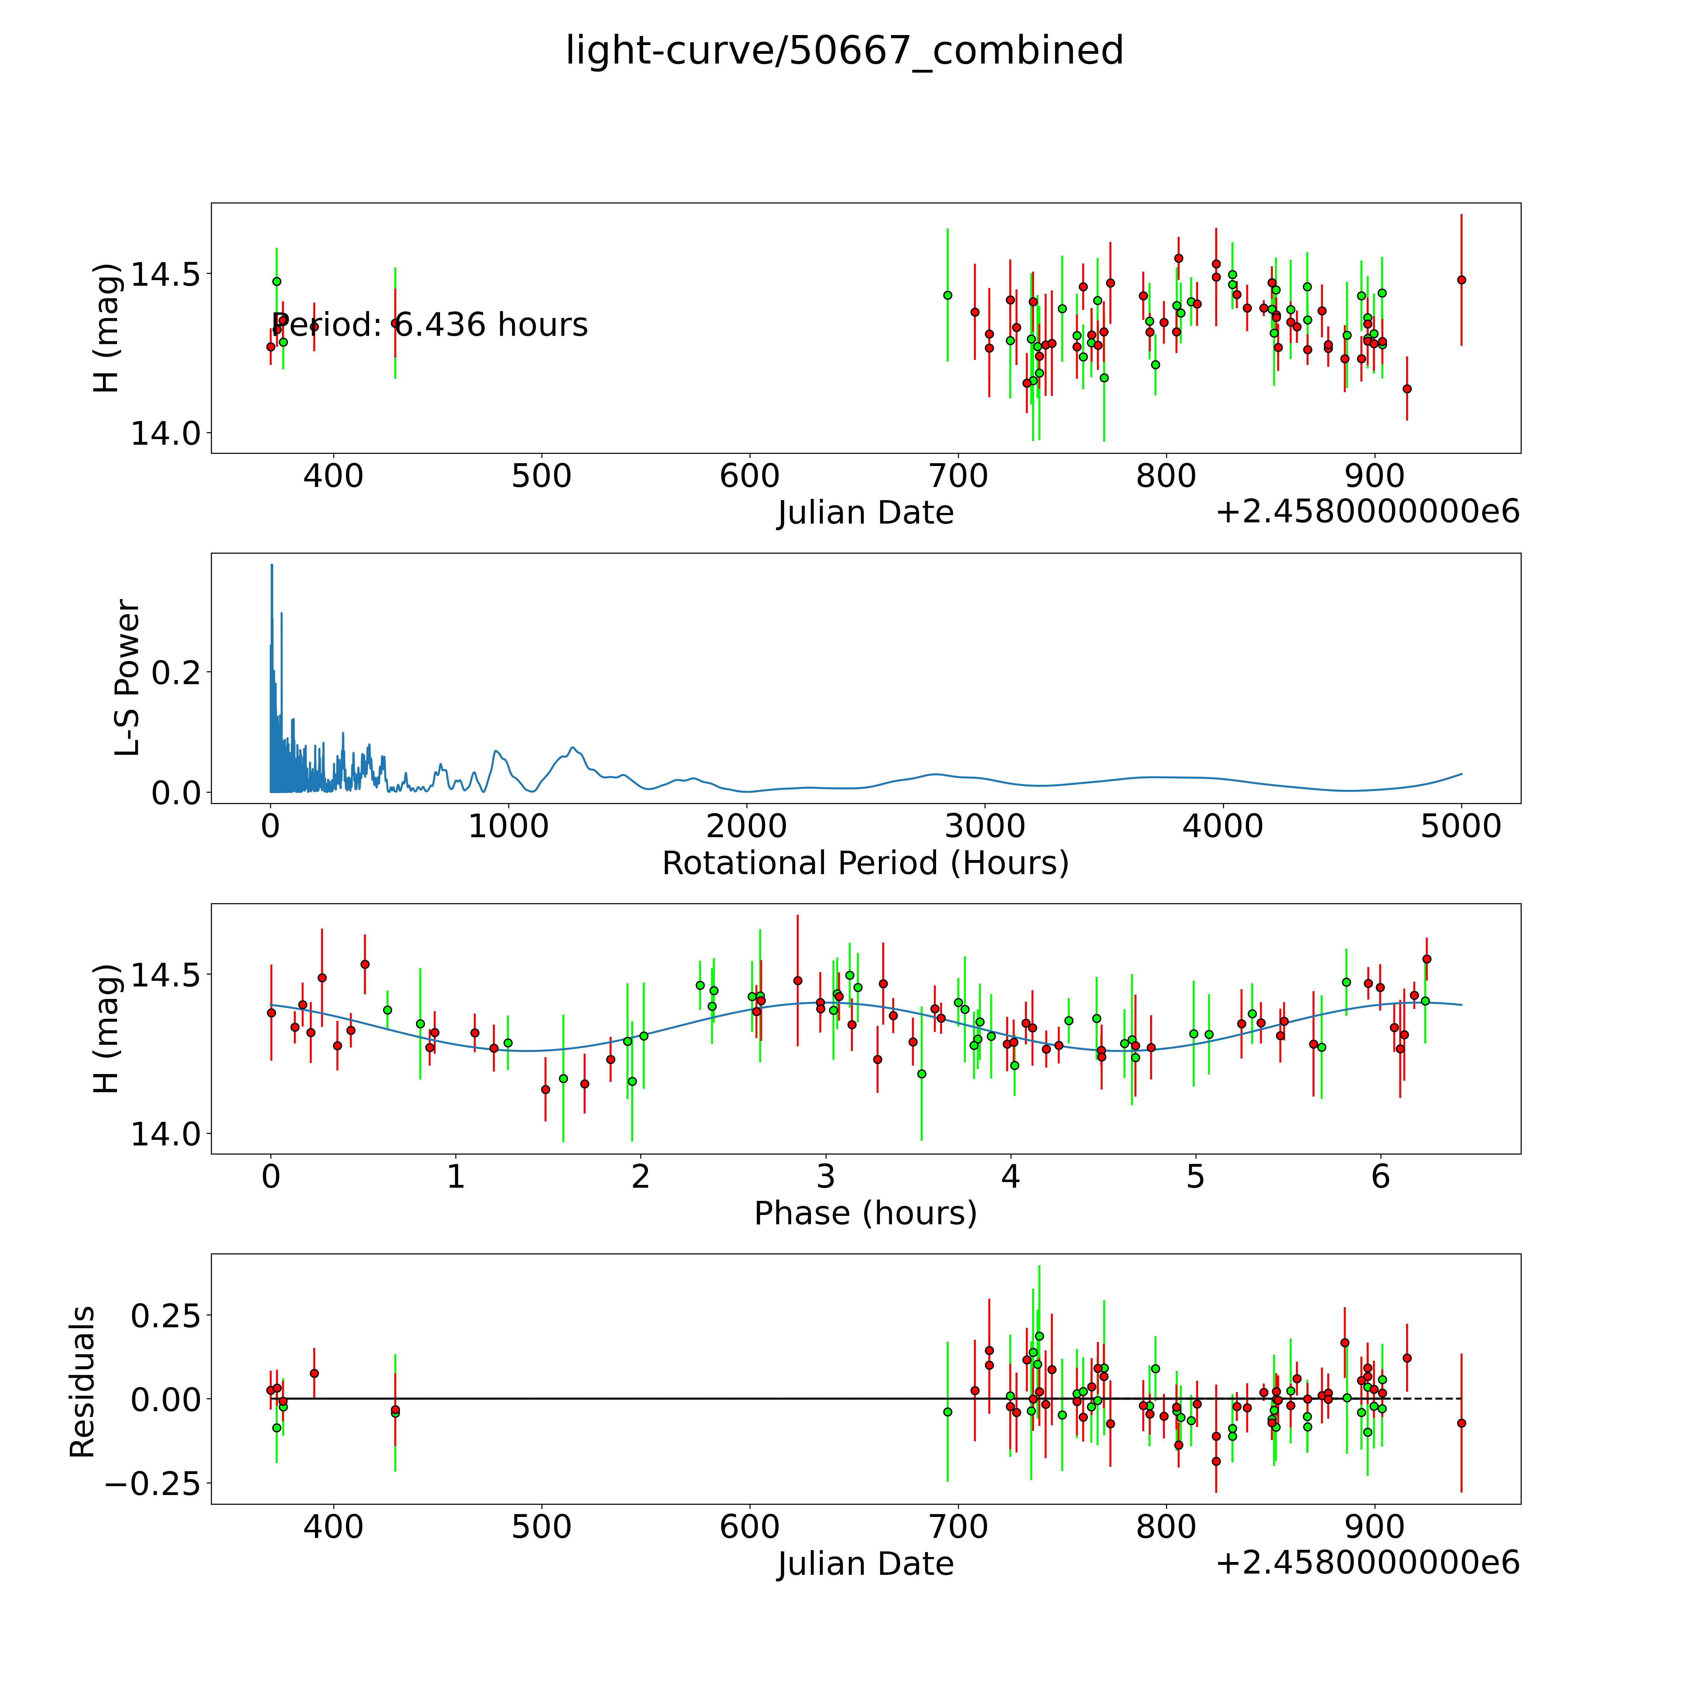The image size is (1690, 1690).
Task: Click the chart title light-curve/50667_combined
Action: [844, 51]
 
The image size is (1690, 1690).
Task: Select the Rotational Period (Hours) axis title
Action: [865, 863]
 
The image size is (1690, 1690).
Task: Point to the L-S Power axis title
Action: [128, 678]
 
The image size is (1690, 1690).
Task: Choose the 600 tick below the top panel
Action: [750, 477]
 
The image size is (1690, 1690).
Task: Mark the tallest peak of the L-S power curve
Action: [272, 565]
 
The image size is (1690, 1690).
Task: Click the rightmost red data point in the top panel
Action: [1461, 280]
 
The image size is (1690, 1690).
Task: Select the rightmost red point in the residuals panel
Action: [1461, 1423]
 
